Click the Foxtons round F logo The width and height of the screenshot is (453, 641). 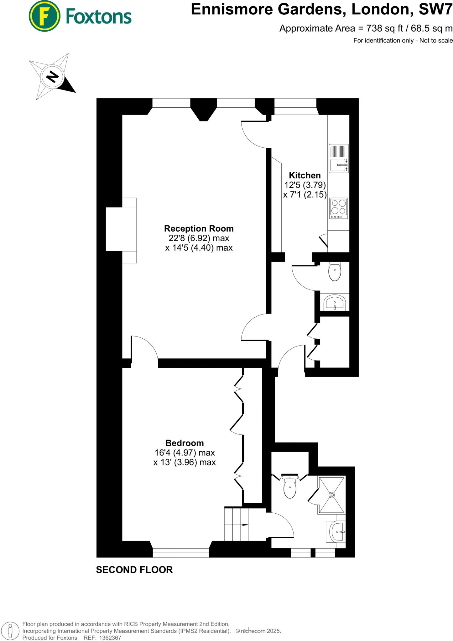(x=44, y=16)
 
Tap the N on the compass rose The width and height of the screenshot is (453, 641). (x=52, y=76)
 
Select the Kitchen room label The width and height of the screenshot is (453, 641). (x=305, y=175)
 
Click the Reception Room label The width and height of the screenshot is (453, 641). (x=199, y=228)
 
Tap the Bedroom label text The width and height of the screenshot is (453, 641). (x=185, y=443)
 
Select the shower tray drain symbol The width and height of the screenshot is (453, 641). (x=331, y=495)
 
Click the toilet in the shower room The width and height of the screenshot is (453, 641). (x=290, y=487)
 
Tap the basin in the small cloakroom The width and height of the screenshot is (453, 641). (x=335, y=303)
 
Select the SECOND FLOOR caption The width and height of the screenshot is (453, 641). (x=134, y=570)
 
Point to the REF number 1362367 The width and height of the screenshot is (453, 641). (x=110, y=638)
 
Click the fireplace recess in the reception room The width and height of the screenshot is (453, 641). (x=121, y=229)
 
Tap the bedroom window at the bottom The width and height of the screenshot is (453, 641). (x=181, y=553)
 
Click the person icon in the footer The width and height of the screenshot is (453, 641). (x=10, y=631)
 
